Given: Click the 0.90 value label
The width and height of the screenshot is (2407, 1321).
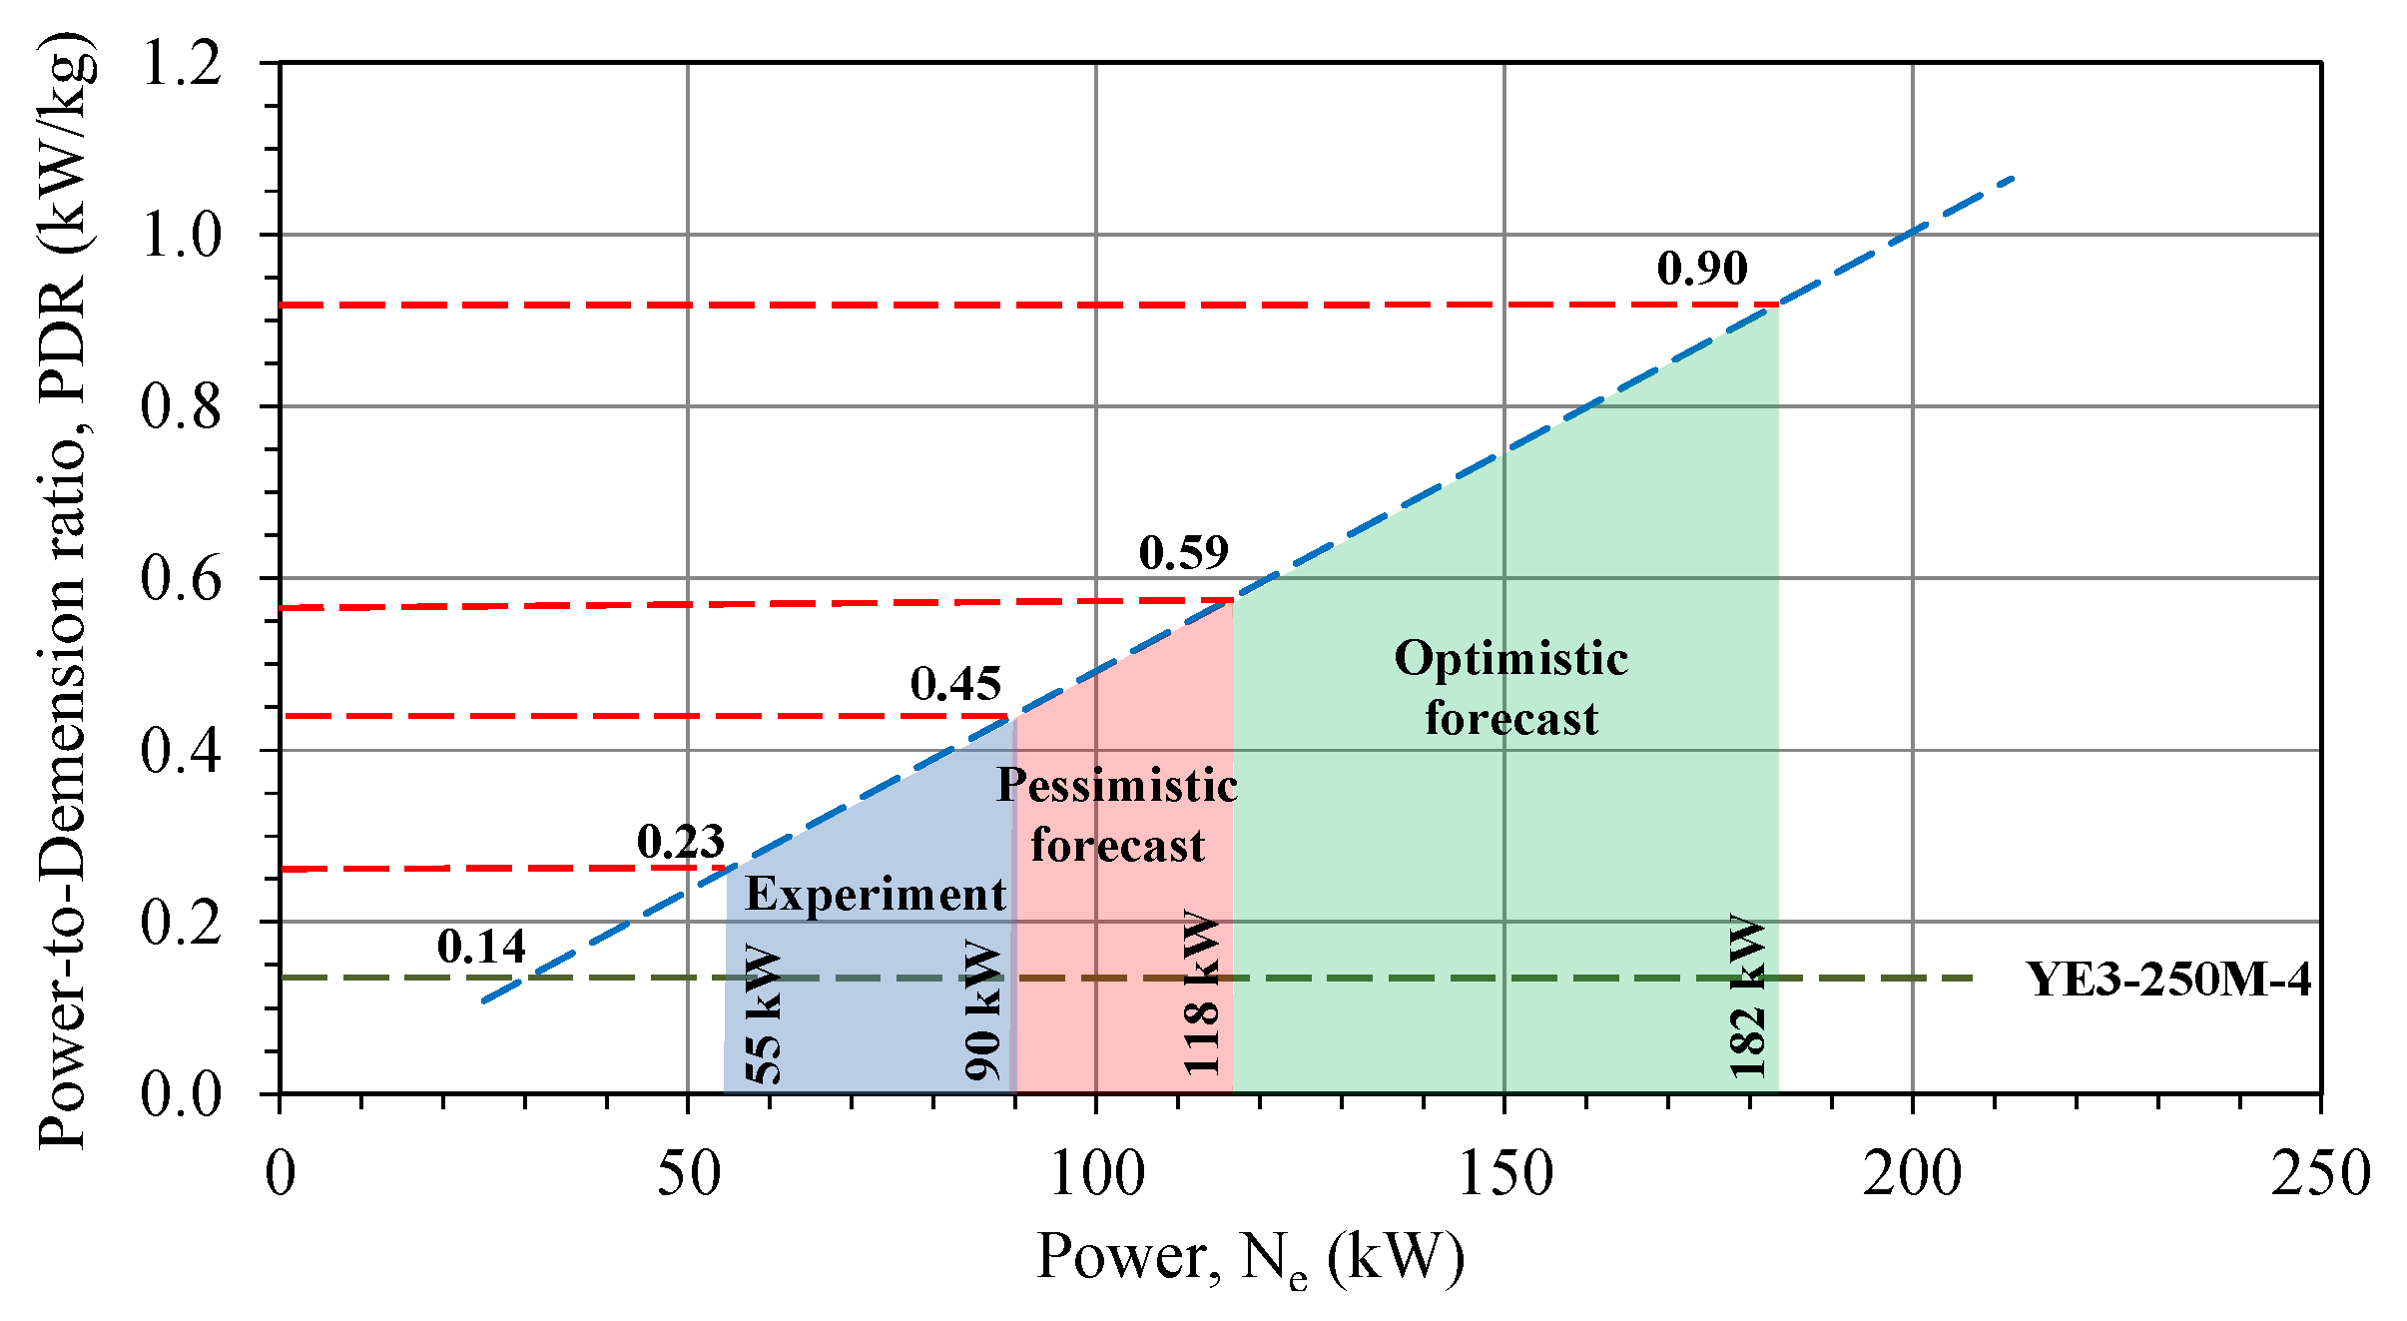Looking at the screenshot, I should click(x=1702, y=268).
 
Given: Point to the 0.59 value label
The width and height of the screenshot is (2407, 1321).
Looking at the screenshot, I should click(x=1183, y=552).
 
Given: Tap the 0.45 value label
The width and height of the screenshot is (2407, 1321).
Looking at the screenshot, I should click(x=955, y=684).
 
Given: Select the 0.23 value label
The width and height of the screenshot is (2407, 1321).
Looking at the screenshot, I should click(x=681, y=842).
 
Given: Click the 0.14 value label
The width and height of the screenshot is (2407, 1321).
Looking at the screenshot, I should click(x=481, y=946).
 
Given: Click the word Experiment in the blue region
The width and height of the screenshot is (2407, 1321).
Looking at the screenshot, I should click(x=876, y=894).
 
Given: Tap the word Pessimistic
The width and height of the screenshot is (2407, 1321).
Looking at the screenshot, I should click(x=1117, y=786).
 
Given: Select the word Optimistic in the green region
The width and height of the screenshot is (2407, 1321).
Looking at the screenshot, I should click(x=1510, y=659).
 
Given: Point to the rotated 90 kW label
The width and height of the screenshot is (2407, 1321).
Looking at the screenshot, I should click(x=983, y=1009).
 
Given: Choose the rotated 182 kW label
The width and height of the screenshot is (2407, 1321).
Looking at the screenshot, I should click(x=1748, y=995).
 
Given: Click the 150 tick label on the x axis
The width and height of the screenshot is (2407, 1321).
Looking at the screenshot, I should click(x=1504, y=1174).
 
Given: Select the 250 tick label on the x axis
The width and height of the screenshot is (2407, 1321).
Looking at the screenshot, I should click(x=2320, y=1174).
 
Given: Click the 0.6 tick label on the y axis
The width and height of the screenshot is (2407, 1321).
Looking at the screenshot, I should click(x=182, y=579).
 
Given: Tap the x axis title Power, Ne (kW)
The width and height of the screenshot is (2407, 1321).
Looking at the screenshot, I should click(x=1250, y=1257).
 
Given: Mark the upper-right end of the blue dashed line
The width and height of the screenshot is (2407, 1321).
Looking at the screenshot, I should click(x=2014, y=178).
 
